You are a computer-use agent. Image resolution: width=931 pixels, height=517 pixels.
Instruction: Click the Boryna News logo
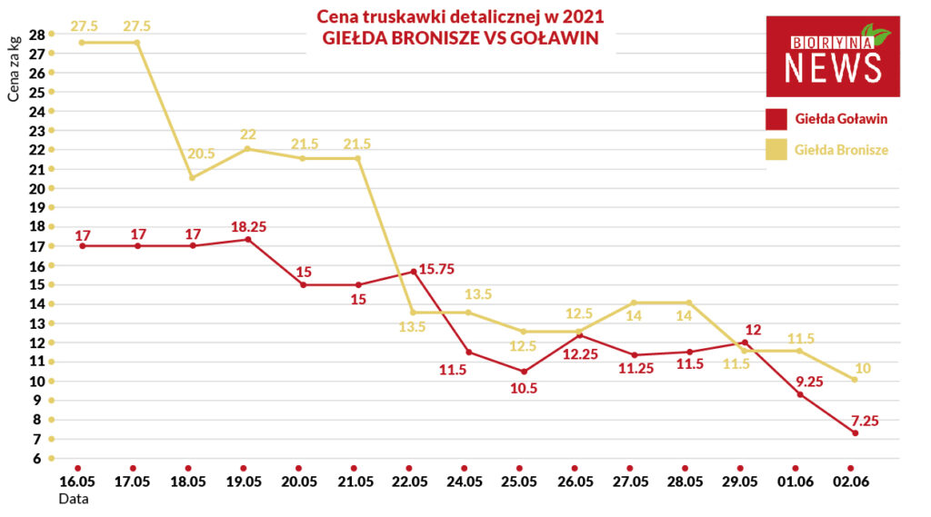pyautogui.click(x=833, y=56)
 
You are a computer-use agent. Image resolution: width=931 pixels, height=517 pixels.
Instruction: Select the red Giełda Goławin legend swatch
pyautogui.click(x=776, y=119)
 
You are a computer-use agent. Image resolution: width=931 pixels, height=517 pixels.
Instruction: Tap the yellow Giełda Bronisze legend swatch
pyautogui.click(x=776, y=150)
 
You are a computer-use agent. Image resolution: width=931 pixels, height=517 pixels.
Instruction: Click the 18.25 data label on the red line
pyautogui.click(x=249, y=227)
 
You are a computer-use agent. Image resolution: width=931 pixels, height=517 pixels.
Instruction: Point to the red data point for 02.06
pyautogui.click(x=855, y=433)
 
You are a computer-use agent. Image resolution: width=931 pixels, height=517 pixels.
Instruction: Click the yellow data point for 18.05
pyautogui.click(x=192, y=177)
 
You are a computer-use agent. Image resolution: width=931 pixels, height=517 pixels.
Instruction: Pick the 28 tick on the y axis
pyautogui.click(x=36, y=35)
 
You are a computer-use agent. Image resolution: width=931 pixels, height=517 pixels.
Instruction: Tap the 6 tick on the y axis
pyautogui.click(x=36, y=458)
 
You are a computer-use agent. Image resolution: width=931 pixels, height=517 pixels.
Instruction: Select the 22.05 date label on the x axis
pyautogui.click(x=410, y=482)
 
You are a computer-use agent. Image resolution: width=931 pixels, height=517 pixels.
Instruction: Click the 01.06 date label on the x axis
pyautogui.click(x=796, y=482)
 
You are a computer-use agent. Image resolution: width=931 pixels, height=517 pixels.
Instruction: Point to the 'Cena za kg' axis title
pyautogui.click(x=14, y=69)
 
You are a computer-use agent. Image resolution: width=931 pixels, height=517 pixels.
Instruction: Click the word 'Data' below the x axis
pyautogui.click(x=74, y=499)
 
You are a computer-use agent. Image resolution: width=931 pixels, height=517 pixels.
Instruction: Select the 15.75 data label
pyautogui.click(x=436, y=270)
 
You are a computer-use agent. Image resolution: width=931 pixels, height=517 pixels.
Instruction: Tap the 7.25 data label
pyautogui.click(x=866, y=421)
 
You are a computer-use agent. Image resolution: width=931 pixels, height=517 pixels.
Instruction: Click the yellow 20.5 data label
pyautogui.click(x=201, y=154)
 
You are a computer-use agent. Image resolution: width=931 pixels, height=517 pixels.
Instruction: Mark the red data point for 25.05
pyautogui.click(x=524, y=372)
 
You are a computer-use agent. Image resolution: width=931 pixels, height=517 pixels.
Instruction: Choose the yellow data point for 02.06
pyautogui.click(x=855, y=379)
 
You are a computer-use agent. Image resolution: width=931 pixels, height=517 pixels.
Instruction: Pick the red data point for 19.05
pyautogui.click(x=248, y=240)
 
